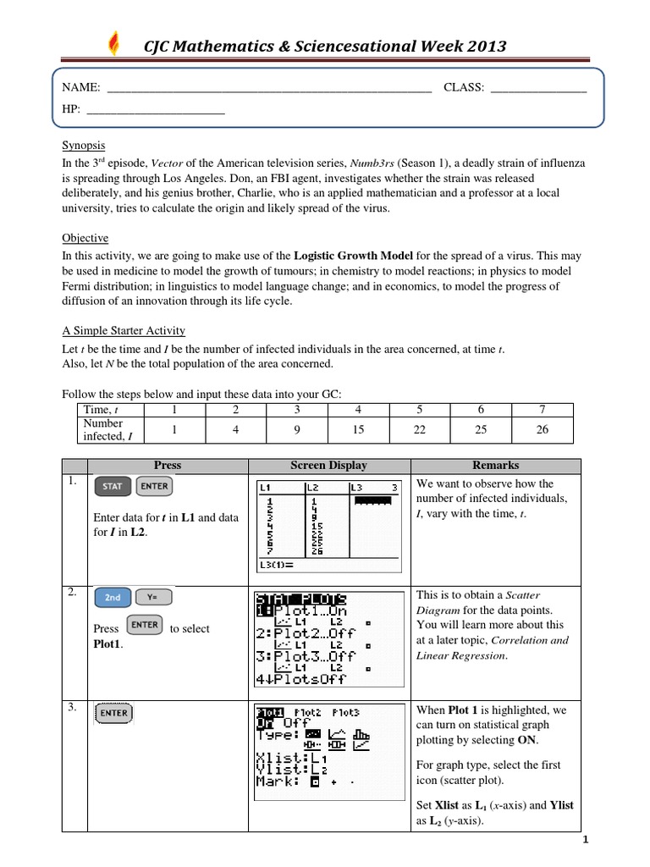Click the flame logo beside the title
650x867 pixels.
click(x=115, y=43)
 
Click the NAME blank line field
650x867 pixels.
click(x=269, y=88)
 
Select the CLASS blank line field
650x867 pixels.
click(x=538, y=88)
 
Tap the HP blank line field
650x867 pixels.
click(x=156, y=110)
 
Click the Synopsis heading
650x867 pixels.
click(x=84, y=145)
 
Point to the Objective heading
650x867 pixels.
click(x=85, y=238)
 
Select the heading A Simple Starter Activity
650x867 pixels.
click(x=124, y=330)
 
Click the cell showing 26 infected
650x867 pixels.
click(x=543, y=430)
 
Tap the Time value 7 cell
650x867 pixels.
click(x=543, y=410)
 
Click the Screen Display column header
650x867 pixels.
click(x=329, y=466)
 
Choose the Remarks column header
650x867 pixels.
click(x=496, y=466)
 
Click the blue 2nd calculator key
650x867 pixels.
click(x=113, y=598)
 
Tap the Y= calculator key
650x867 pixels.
click(x=152, y=598)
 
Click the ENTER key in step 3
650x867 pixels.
click(x=114, y=714)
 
